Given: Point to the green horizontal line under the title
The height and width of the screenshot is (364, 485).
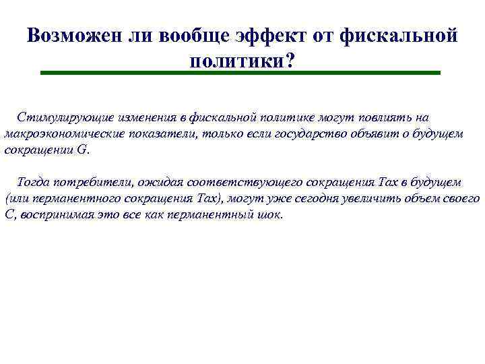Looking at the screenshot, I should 240,73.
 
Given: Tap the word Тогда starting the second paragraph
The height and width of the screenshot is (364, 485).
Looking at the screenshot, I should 32,182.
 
